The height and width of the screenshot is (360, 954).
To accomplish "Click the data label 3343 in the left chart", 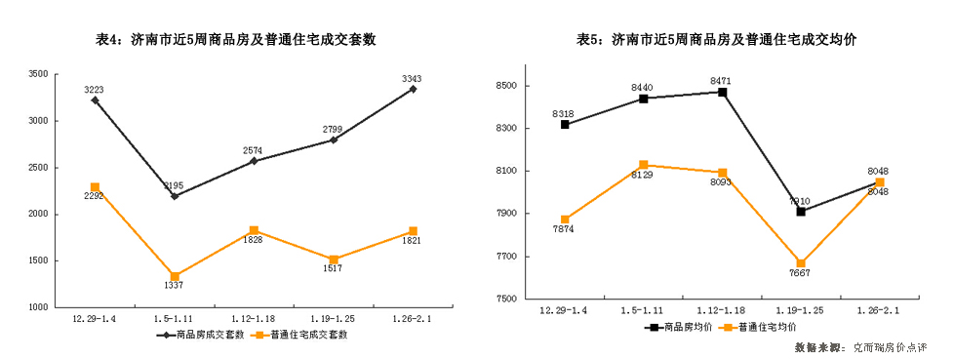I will click(x=412, y=78).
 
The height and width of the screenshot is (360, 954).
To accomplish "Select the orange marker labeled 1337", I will click(x=175, y=277).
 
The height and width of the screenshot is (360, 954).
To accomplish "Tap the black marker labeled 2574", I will click(x=254, y=161).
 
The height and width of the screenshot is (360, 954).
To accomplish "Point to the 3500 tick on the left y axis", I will click(x=38, y=74).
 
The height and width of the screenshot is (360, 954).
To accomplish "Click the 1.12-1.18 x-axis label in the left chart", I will click(x=254, y=318).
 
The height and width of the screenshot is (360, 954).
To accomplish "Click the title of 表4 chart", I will click(x=236, y=40).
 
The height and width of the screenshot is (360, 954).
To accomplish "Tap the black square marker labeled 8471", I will click(x=722, y=93).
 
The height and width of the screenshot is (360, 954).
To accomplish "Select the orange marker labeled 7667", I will click(x=801, y=263).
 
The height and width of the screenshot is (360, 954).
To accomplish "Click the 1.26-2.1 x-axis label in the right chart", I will click(x=879, y=310).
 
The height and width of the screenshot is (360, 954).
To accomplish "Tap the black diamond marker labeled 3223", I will click(x=95, y=100).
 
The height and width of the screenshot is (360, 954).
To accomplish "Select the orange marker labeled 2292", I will click(x=95, y=187).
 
